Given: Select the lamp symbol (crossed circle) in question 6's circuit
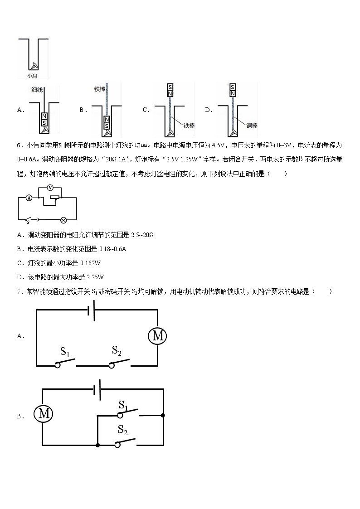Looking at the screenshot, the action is click(x=64, y=220).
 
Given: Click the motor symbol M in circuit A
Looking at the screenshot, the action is click(x=158, y=336).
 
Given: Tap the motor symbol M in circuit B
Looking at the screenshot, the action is click(x=44, y=413).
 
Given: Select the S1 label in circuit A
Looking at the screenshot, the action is click(x=65, y=351).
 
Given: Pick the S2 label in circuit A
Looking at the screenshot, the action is click(x=117, y=350).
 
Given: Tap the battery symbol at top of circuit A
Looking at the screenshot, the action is click(x=91, y=311).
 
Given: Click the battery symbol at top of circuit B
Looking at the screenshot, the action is click(x=97, y=389).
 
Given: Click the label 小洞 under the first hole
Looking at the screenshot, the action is click(x=32, y=77).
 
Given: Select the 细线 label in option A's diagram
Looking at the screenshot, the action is click(x=37, y=90).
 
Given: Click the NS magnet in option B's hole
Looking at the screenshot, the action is click(x=107, y=122).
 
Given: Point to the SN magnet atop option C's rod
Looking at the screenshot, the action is click(x=170, y=90).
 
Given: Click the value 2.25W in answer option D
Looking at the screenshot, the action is click(x=95, y=277).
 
